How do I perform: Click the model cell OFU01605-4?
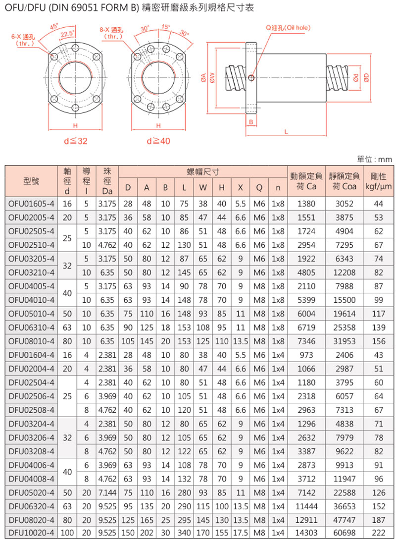point(31,204)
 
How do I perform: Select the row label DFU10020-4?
point(31,532)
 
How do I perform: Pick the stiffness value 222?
point(379,532)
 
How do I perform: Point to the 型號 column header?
point(31,181)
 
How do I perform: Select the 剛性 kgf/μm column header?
point(379,181)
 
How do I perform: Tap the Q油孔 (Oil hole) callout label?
point(289,28)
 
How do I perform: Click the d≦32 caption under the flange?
point(75,141)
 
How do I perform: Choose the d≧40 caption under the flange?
point(158,141)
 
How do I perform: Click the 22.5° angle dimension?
point(68,34)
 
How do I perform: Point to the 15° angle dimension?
point(165,27)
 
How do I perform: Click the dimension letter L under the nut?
point(287,131)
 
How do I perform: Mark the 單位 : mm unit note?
point(374,160)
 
